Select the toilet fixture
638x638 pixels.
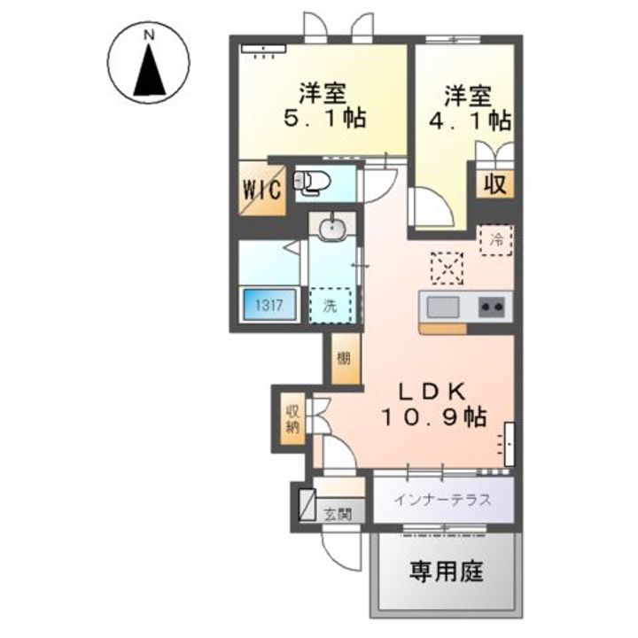point(313,183)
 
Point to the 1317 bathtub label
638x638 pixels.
point(269,307)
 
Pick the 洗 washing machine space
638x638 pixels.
point(330,307)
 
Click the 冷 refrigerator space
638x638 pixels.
point(497,238)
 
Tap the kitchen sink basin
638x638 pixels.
point(442,307)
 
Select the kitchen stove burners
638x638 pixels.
point(492,307)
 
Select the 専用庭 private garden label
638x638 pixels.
point(446,572)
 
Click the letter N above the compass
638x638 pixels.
point(149,35)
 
